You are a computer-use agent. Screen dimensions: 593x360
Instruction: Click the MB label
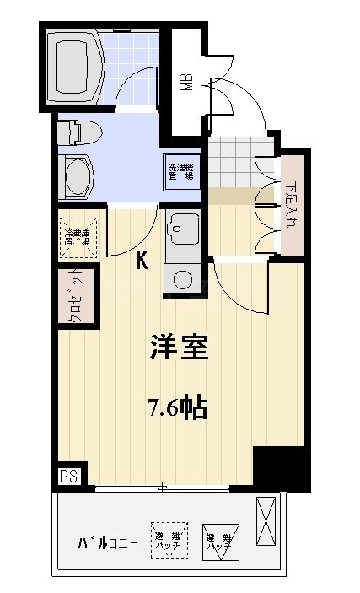pyautogui.click(x=185, y=83)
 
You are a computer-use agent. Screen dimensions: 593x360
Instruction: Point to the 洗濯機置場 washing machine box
pyautogui.click(x=181, y=171)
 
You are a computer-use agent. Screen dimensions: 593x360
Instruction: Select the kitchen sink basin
pyautogui.click(x=182, y=227)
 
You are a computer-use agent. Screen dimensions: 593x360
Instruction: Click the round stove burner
pyautogui.click(x=182, y=277)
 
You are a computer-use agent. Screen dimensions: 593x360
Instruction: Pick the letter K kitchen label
pyautogui.click(x=142, y=261)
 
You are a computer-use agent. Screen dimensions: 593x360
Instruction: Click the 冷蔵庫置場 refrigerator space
pyautogui.click(x=79, y=235)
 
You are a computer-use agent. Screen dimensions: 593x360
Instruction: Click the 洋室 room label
pyautogui.click(x=179, y=348)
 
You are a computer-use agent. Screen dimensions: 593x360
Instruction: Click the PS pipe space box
pyautogui.click(x=67, y=476)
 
